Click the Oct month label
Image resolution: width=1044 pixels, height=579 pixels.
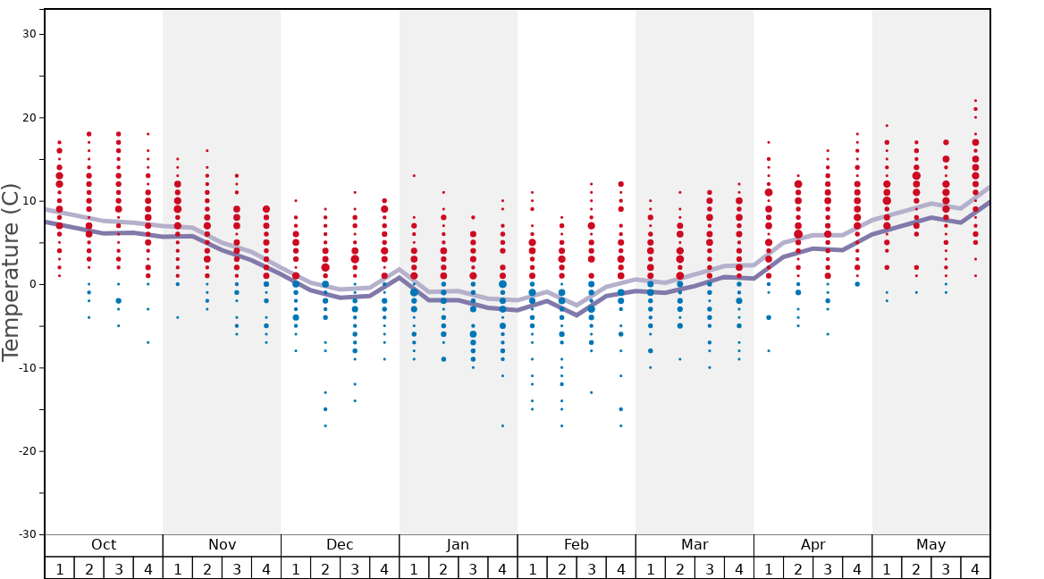(104, 545)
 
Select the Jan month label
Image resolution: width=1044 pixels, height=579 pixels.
(458, 545)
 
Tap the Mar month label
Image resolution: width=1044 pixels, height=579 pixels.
(695, 545)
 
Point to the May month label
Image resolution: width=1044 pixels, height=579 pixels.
(930, 545)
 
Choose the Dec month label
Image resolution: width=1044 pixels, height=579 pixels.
(340, 545)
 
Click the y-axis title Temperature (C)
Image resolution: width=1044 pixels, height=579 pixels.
(11, 272)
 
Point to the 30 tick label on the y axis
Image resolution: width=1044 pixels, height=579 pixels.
(29, 34)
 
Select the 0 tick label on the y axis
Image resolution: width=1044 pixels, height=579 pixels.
(32, 284)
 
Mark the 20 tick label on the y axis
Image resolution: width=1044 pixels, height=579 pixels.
(29, 118)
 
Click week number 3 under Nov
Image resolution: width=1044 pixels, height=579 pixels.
(237, 568)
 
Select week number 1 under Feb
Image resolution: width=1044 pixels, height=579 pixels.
(532, 568)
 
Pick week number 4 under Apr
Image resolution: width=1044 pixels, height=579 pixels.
(857, 568)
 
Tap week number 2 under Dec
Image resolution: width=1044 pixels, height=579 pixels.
(325, 568)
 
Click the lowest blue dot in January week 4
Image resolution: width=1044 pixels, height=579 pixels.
(502, 426)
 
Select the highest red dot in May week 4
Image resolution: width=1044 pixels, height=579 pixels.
(975, 101)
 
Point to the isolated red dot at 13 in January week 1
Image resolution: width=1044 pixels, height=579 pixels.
(414, 176)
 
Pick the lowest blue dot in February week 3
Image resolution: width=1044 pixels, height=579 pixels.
(591, 393)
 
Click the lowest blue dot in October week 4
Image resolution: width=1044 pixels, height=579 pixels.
(148, 343)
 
